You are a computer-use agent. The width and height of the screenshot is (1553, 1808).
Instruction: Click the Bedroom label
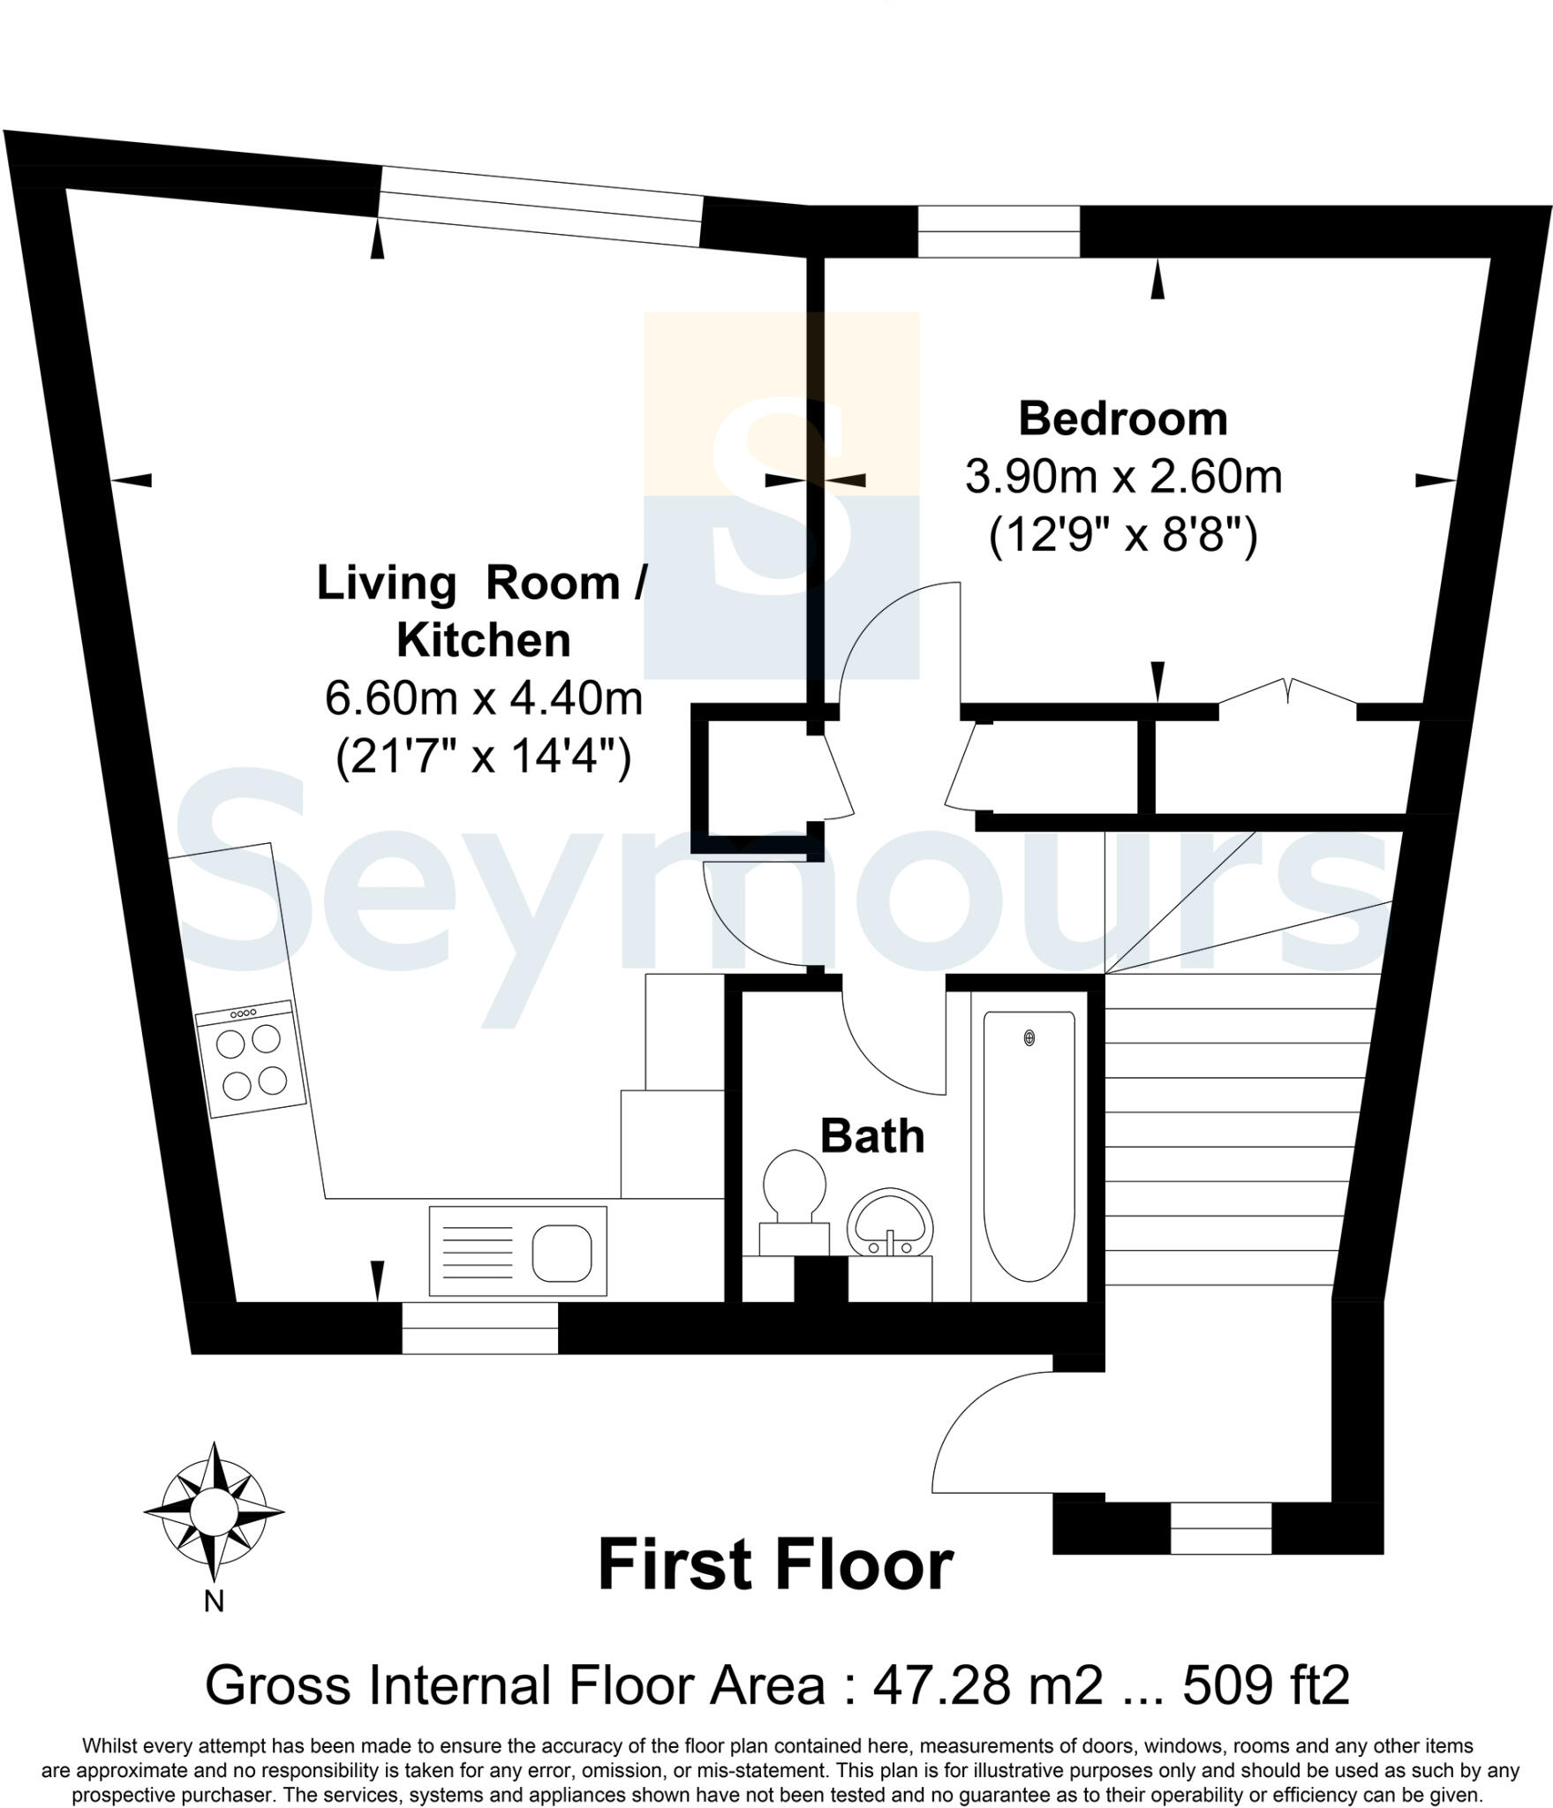point(1122,419)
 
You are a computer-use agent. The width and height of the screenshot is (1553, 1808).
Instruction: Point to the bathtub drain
point(1029,1038)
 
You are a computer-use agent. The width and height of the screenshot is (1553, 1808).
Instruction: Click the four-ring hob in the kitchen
point(252,1060)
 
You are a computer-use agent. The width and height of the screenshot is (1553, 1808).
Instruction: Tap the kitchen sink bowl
point(562,1252)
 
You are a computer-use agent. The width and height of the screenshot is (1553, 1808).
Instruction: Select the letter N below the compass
point(214,1601)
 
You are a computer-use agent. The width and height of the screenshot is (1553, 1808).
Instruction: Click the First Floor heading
point(775,1566)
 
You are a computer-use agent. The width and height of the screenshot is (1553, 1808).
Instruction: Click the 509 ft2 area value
point(1265,1685)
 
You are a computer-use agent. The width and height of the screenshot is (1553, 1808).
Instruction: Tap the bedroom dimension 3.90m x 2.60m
point(1122,478)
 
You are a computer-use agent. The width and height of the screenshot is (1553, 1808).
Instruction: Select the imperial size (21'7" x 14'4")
point(483,757)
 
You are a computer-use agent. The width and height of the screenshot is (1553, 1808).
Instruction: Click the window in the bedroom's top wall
point(999,231)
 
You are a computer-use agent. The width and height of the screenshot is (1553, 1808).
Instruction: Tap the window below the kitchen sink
point(479,1329)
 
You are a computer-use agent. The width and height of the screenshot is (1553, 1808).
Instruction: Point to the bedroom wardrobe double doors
point(1288,694)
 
